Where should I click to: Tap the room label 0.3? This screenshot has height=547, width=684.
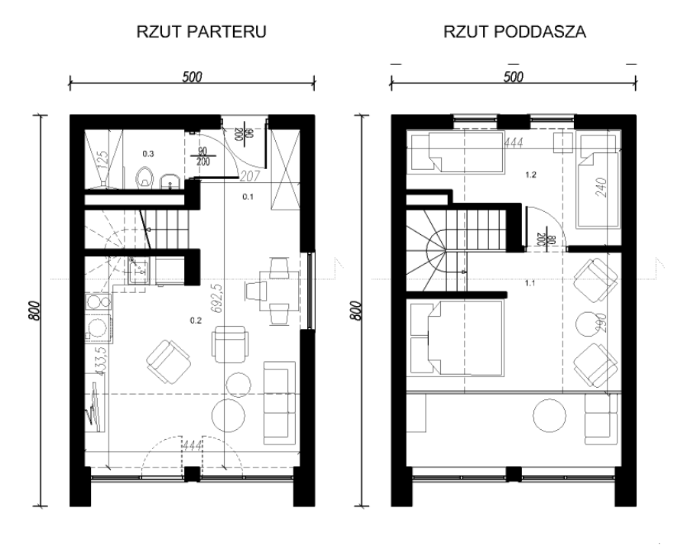[148, 153]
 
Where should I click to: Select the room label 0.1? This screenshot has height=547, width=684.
[248, 197]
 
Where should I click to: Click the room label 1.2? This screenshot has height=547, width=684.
[530, 174]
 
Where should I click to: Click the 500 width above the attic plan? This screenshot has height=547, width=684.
[514, 76]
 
